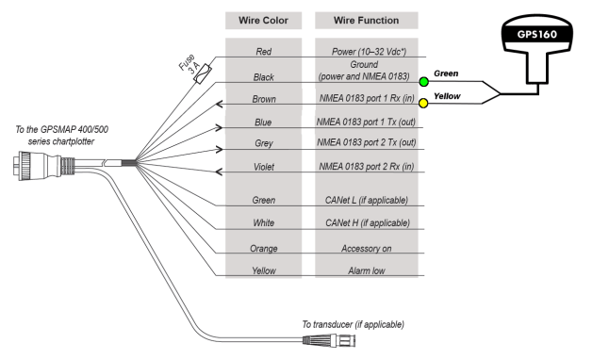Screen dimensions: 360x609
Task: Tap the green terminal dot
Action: tap(425, 82)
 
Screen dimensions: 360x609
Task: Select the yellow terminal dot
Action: tap(425, 103)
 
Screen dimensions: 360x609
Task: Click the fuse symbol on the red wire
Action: tap(201, 79)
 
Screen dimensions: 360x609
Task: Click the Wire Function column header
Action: tap(367, 21)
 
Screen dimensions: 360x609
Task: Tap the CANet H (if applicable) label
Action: tap(367, 223)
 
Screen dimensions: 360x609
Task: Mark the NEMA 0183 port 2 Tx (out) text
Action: tap(367, 144)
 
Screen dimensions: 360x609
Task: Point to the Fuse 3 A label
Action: tap(188, 67)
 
